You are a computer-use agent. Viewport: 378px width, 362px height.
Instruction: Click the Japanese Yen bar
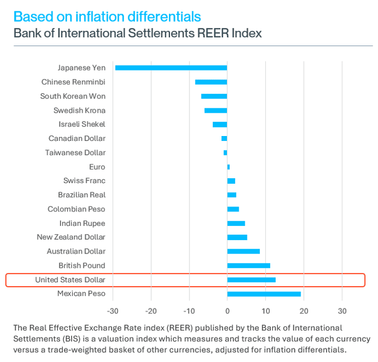tap(171, 68)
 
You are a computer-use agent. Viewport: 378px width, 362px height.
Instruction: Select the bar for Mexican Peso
tap(264, 294)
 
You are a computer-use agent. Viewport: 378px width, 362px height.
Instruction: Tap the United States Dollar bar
tap(251, 280)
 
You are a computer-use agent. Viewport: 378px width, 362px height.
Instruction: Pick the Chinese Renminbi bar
tap(211, 82)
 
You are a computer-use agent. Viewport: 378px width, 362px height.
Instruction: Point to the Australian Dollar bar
tap(243, 251)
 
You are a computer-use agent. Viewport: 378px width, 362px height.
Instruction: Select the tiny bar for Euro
tap(229, 167)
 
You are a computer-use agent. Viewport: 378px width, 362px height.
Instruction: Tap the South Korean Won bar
tap(214, 96)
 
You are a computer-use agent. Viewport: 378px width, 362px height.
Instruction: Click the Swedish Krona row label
tap(79, 111)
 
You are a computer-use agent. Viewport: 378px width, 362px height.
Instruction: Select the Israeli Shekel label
tap(82, 125)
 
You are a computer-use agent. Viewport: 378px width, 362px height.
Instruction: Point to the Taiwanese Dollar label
tap(75, 153)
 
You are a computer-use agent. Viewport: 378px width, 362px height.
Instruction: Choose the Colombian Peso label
tap(76, 209)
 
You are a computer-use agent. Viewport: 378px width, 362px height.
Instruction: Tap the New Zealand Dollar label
tap(71, 237)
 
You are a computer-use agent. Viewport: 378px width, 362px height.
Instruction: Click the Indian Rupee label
tap(82, 223)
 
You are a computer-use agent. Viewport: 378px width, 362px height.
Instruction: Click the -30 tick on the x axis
tap(113, 311)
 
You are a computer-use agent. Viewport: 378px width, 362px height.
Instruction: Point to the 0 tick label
tap(227, 311)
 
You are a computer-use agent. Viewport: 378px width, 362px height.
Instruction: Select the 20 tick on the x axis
tap(304, 311)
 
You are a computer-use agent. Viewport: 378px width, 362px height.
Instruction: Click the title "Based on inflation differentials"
tap(107, 16)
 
